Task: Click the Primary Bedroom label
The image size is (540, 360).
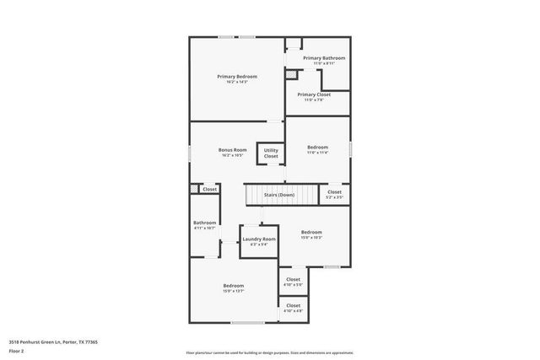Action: [x=236, y=77]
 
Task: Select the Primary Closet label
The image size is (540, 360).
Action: [x=313, y=94]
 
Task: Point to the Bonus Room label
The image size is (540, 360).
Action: [x=233, y=150]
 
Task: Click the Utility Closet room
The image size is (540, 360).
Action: [x=271, y=153]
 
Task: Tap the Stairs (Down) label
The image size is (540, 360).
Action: [x=279, y=195]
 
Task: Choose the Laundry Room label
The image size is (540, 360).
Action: [x=259, y=239]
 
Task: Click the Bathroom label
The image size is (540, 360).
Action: [x=205, y=223]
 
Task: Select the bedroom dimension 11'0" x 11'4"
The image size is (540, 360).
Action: [x=317, y=153]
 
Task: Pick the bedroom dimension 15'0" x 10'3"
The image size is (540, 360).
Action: [x=312, y=238]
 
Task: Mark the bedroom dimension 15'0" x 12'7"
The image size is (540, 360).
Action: [x=234, y=291]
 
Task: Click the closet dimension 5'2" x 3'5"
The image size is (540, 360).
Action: [x=334, y=197]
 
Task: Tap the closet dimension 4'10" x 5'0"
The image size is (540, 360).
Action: [x=293, y=284]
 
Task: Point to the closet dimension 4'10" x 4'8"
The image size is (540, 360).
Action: [x=293, y=311]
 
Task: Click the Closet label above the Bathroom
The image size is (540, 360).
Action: [x=209, y=189]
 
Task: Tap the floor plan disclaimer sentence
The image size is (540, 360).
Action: [x=269, y=353]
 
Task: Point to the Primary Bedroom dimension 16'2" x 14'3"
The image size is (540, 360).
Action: [x=236, y=82]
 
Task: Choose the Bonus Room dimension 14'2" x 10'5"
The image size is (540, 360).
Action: [x=233, y=155]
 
